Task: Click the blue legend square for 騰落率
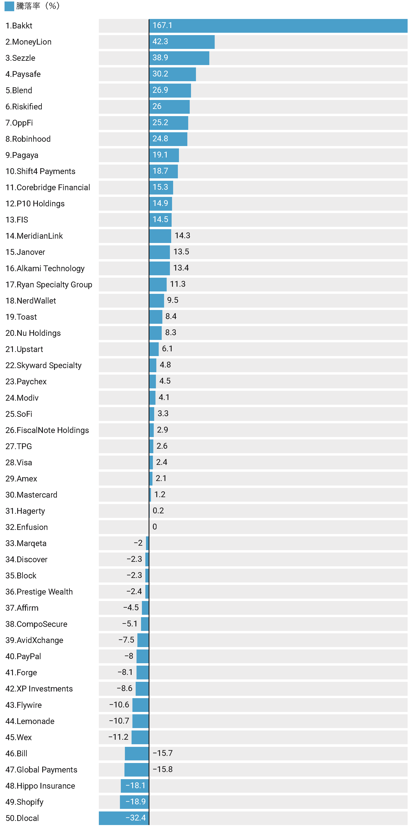9,6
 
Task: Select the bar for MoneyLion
182,42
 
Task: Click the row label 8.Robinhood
28,139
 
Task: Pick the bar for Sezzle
179,58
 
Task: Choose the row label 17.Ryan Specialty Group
49,285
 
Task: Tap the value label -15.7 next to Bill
163,753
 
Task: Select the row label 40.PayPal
23,656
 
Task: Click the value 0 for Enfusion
155,527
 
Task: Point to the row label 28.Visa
19,462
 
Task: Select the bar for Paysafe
172,74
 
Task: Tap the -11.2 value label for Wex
118,737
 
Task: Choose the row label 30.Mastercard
31,495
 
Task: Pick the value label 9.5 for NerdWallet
172,301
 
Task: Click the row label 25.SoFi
19,414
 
